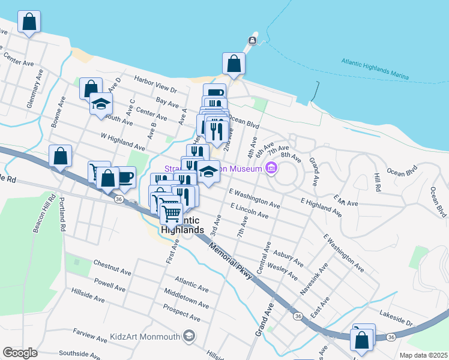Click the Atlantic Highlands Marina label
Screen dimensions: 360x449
[375, 69]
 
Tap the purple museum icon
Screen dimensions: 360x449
[271, 168]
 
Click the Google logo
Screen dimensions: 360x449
[20, 352]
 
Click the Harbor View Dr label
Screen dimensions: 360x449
[155, 85]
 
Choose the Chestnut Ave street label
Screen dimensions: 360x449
[112, 268]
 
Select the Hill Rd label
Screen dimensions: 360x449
[376, 182]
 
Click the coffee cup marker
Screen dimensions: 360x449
[125, 177]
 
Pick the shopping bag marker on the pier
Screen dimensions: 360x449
[234, 63]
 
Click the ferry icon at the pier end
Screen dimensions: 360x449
[253, 41]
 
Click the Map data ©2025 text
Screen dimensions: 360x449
[424, 355]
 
